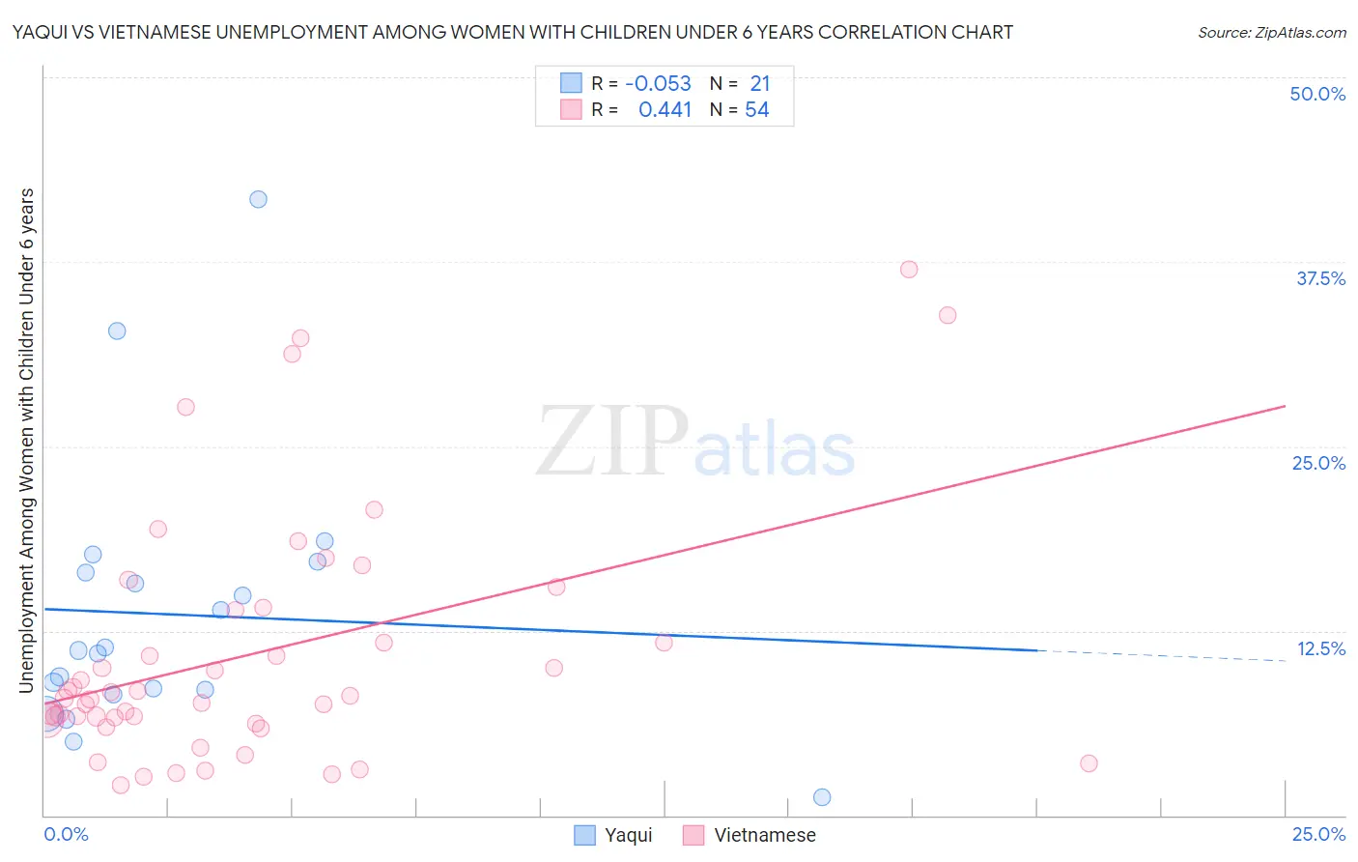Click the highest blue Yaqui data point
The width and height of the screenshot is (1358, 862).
[258, 199]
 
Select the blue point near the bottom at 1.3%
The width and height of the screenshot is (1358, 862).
[822, 797]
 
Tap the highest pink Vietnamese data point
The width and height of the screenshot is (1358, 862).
[909, 270]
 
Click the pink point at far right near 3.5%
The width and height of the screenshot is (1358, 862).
[1089, 763]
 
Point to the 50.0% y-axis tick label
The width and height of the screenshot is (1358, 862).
[1317, 94]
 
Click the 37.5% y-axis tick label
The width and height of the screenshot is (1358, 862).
[1320, 278]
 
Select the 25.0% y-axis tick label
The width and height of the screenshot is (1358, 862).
[1318, 463]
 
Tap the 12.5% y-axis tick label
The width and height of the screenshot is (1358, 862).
[1320, 648]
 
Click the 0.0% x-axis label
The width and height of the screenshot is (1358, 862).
[66, 834]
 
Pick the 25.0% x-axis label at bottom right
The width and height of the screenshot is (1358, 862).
[1318, 834]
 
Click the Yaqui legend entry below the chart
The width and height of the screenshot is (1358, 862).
[614, 835]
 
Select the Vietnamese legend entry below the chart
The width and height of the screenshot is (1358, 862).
[750, 835]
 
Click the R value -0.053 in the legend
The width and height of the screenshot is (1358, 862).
[659, 83]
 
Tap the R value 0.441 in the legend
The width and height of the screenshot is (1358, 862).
[665, 109]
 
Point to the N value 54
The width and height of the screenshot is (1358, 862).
[757, 109]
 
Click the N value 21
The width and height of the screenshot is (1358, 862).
[760, 83]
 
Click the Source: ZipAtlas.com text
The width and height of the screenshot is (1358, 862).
[1271, 32]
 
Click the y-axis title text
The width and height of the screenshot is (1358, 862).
[26, 440]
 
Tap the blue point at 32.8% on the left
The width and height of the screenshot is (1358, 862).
[117, 330]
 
